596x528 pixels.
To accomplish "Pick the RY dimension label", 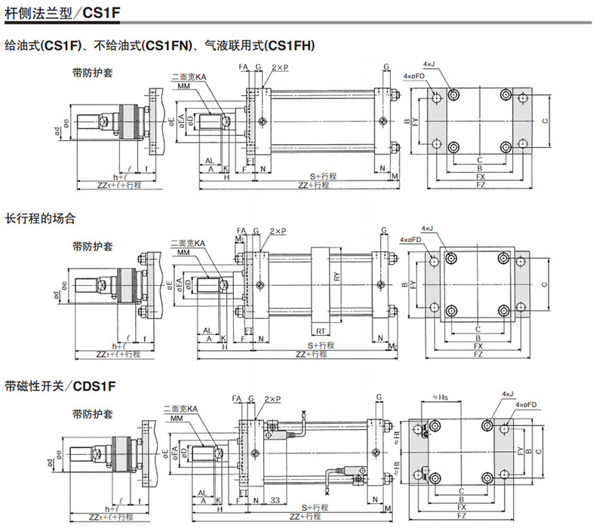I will point(337,277).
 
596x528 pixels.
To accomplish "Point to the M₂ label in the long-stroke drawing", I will point(392,345).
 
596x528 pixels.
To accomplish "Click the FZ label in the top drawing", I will point(481,184).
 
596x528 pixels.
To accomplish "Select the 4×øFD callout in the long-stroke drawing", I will point(413,240).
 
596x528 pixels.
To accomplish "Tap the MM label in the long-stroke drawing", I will point(183,252).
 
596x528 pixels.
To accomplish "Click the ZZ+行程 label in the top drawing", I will point(315,185).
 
